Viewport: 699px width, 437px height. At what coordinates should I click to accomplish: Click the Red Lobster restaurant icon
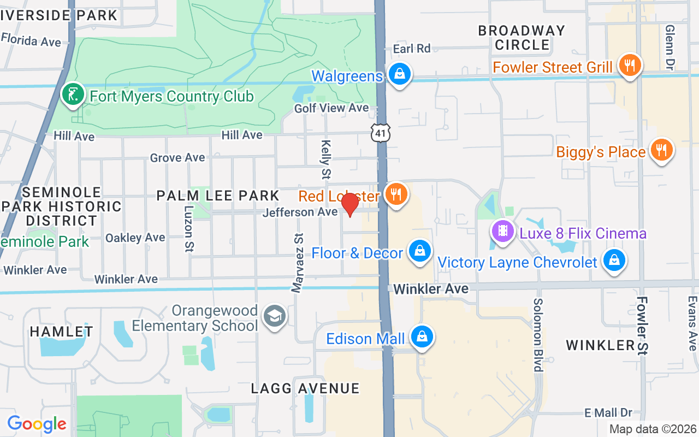tap(396, 193)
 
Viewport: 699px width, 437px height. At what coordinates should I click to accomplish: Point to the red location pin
tap(349, 205)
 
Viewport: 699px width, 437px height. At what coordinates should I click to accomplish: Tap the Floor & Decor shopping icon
tap(419, 251)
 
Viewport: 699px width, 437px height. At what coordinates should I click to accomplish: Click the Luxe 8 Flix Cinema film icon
tap(503, 231)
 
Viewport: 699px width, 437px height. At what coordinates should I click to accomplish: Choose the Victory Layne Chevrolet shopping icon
tap(614, 260)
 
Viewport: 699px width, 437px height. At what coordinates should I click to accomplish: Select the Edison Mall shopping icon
tap(422, 336)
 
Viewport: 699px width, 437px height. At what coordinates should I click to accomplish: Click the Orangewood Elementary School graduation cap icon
tap(274, 316)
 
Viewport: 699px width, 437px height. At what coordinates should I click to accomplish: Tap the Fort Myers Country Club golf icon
tap(73, 95)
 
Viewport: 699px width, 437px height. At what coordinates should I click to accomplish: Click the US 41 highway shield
tap(380, 133)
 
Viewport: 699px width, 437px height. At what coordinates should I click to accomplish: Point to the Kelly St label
tap(326, 160)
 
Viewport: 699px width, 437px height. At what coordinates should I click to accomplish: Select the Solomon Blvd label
tap(538, 334)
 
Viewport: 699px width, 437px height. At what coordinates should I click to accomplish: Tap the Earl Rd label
tap(412, 49)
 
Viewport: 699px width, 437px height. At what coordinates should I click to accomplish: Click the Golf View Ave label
tap(331, 108)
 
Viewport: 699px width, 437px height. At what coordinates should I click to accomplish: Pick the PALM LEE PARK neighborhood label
tap(218, 195)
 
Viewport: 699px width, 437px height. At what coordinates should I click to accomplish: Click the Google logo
tap(37, 424)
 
